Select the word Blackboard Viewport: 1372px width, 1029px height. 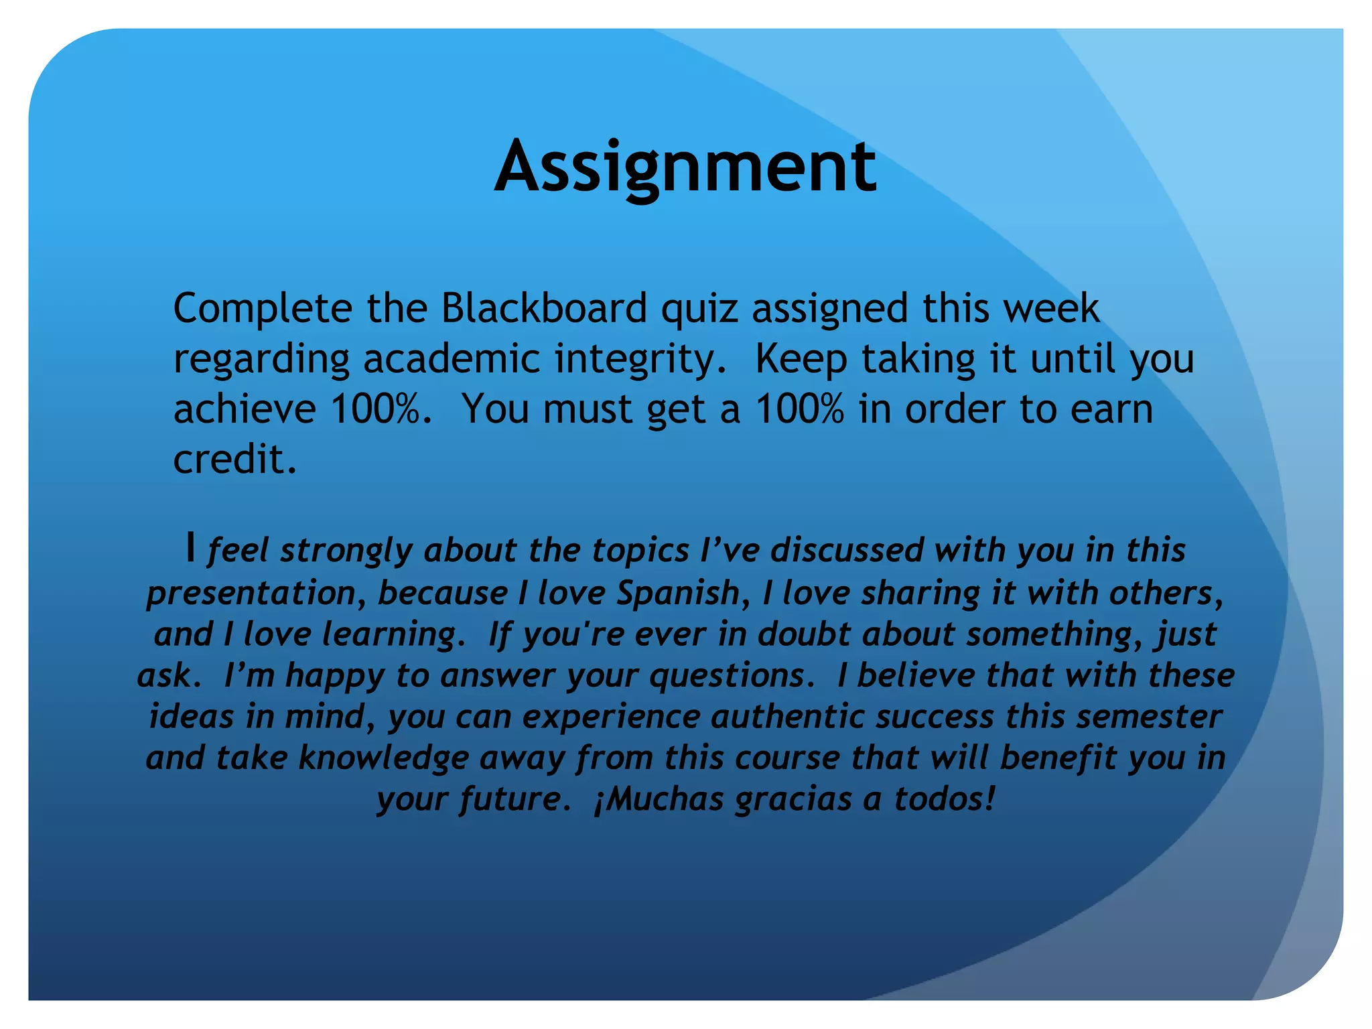[543, 309]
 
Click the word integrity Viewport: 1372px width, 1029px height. [639, 360]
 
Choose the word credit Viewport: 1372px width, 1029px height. [234, 460]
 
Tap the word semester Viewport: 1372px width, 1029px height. [1149, 717]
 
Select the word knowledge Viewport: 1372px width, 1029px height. [384, 759]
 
